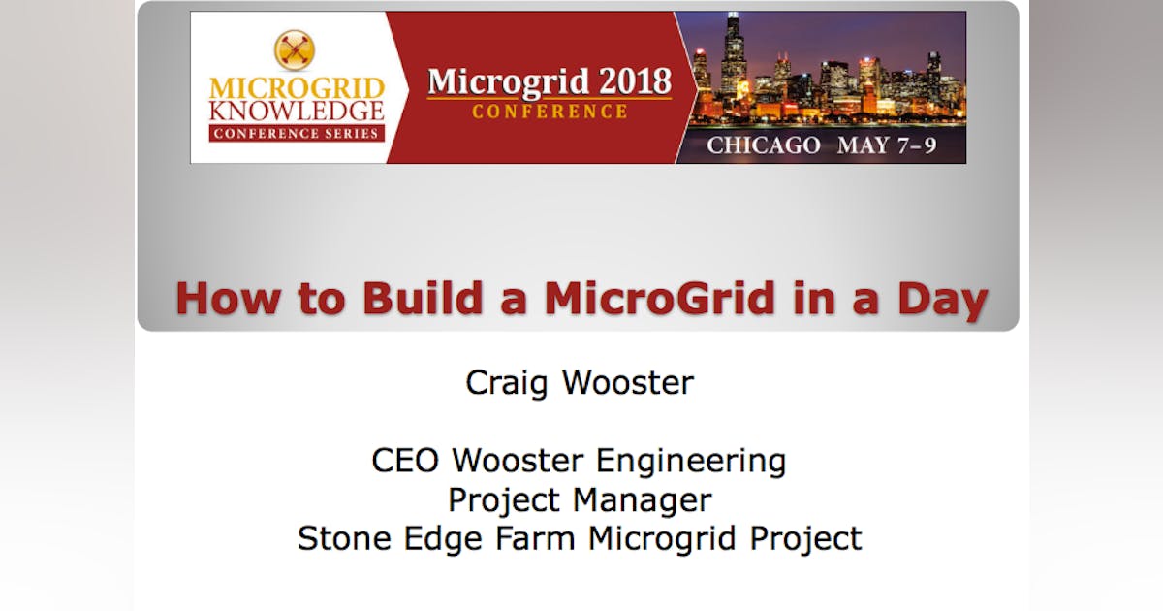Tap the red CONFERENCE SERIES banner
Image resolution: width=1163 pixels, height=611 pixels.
tap(297, 133)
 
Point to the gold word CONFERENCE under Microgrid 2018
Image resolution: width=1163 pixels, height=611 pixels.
tap(550, 113)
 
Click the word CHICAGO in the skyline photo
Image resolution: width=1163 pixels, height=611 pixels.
tap(763, 146)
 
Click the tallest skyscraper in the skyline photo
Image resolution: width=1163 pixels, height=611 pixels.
tap(733, 58)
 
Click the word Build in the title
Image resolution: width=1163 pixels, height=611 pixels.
tap(419, 298)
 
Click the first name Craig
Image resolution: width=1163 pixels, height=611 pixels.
tap(509, 382)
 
